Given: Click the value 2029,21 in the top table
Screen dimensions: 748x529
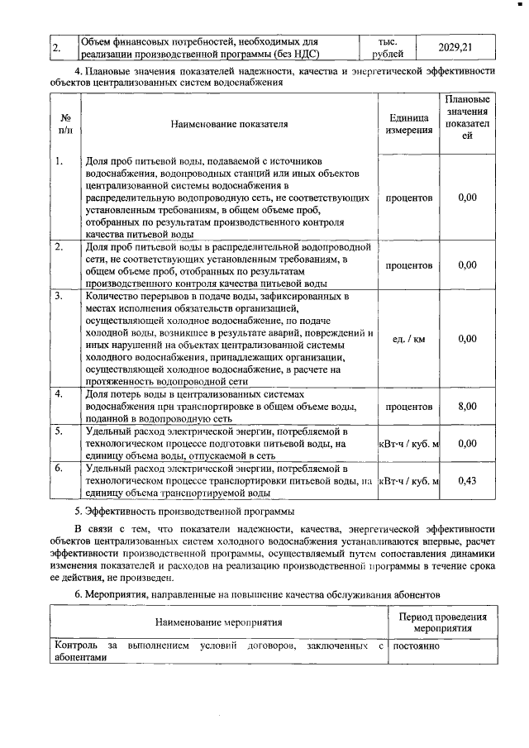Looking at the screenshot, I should [x=455, y=47].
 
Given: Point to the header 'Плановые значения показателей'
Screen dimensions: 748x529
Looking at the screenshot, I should [x=467, y=117].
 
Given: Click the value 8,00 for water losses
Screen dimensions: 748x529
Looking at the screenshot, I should [x=467, y=407].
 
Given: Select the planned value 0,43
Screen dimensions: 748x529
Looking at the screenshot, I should [x=467, y=482].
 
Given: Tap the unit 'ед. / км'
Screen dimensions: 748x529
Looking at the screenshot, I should [x=408, y=339].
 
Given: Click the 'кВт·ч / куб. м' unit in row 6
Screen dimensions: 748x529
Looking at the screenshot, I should [x=408, y=482].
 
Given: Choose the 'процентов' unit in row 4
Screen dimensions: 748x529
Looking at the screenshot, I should [x=408, y=407].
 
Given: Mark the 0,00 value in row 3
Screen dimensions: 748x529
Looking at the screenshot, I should [x=467, y=339].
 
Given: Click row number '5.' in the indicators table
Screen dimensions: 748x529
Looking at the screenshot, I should [x=60, y=431].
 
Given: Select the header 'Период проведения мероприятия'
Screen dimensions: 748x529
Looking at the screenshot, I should [x=442, y=622].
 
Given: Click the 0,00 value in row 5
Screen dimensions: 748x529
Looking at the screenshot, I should [x=467, y=444].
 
